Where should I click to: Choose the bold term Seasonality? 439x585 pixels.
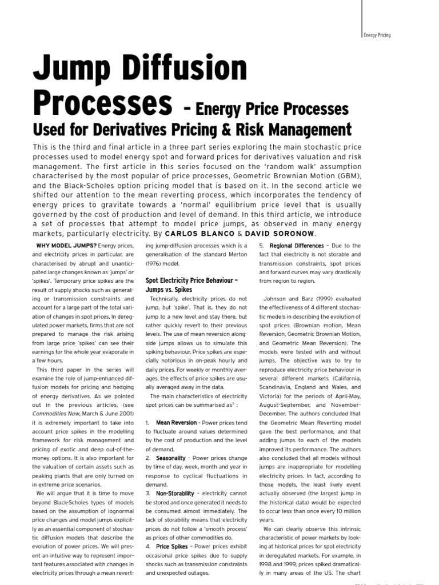click(x=170, y=458)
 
